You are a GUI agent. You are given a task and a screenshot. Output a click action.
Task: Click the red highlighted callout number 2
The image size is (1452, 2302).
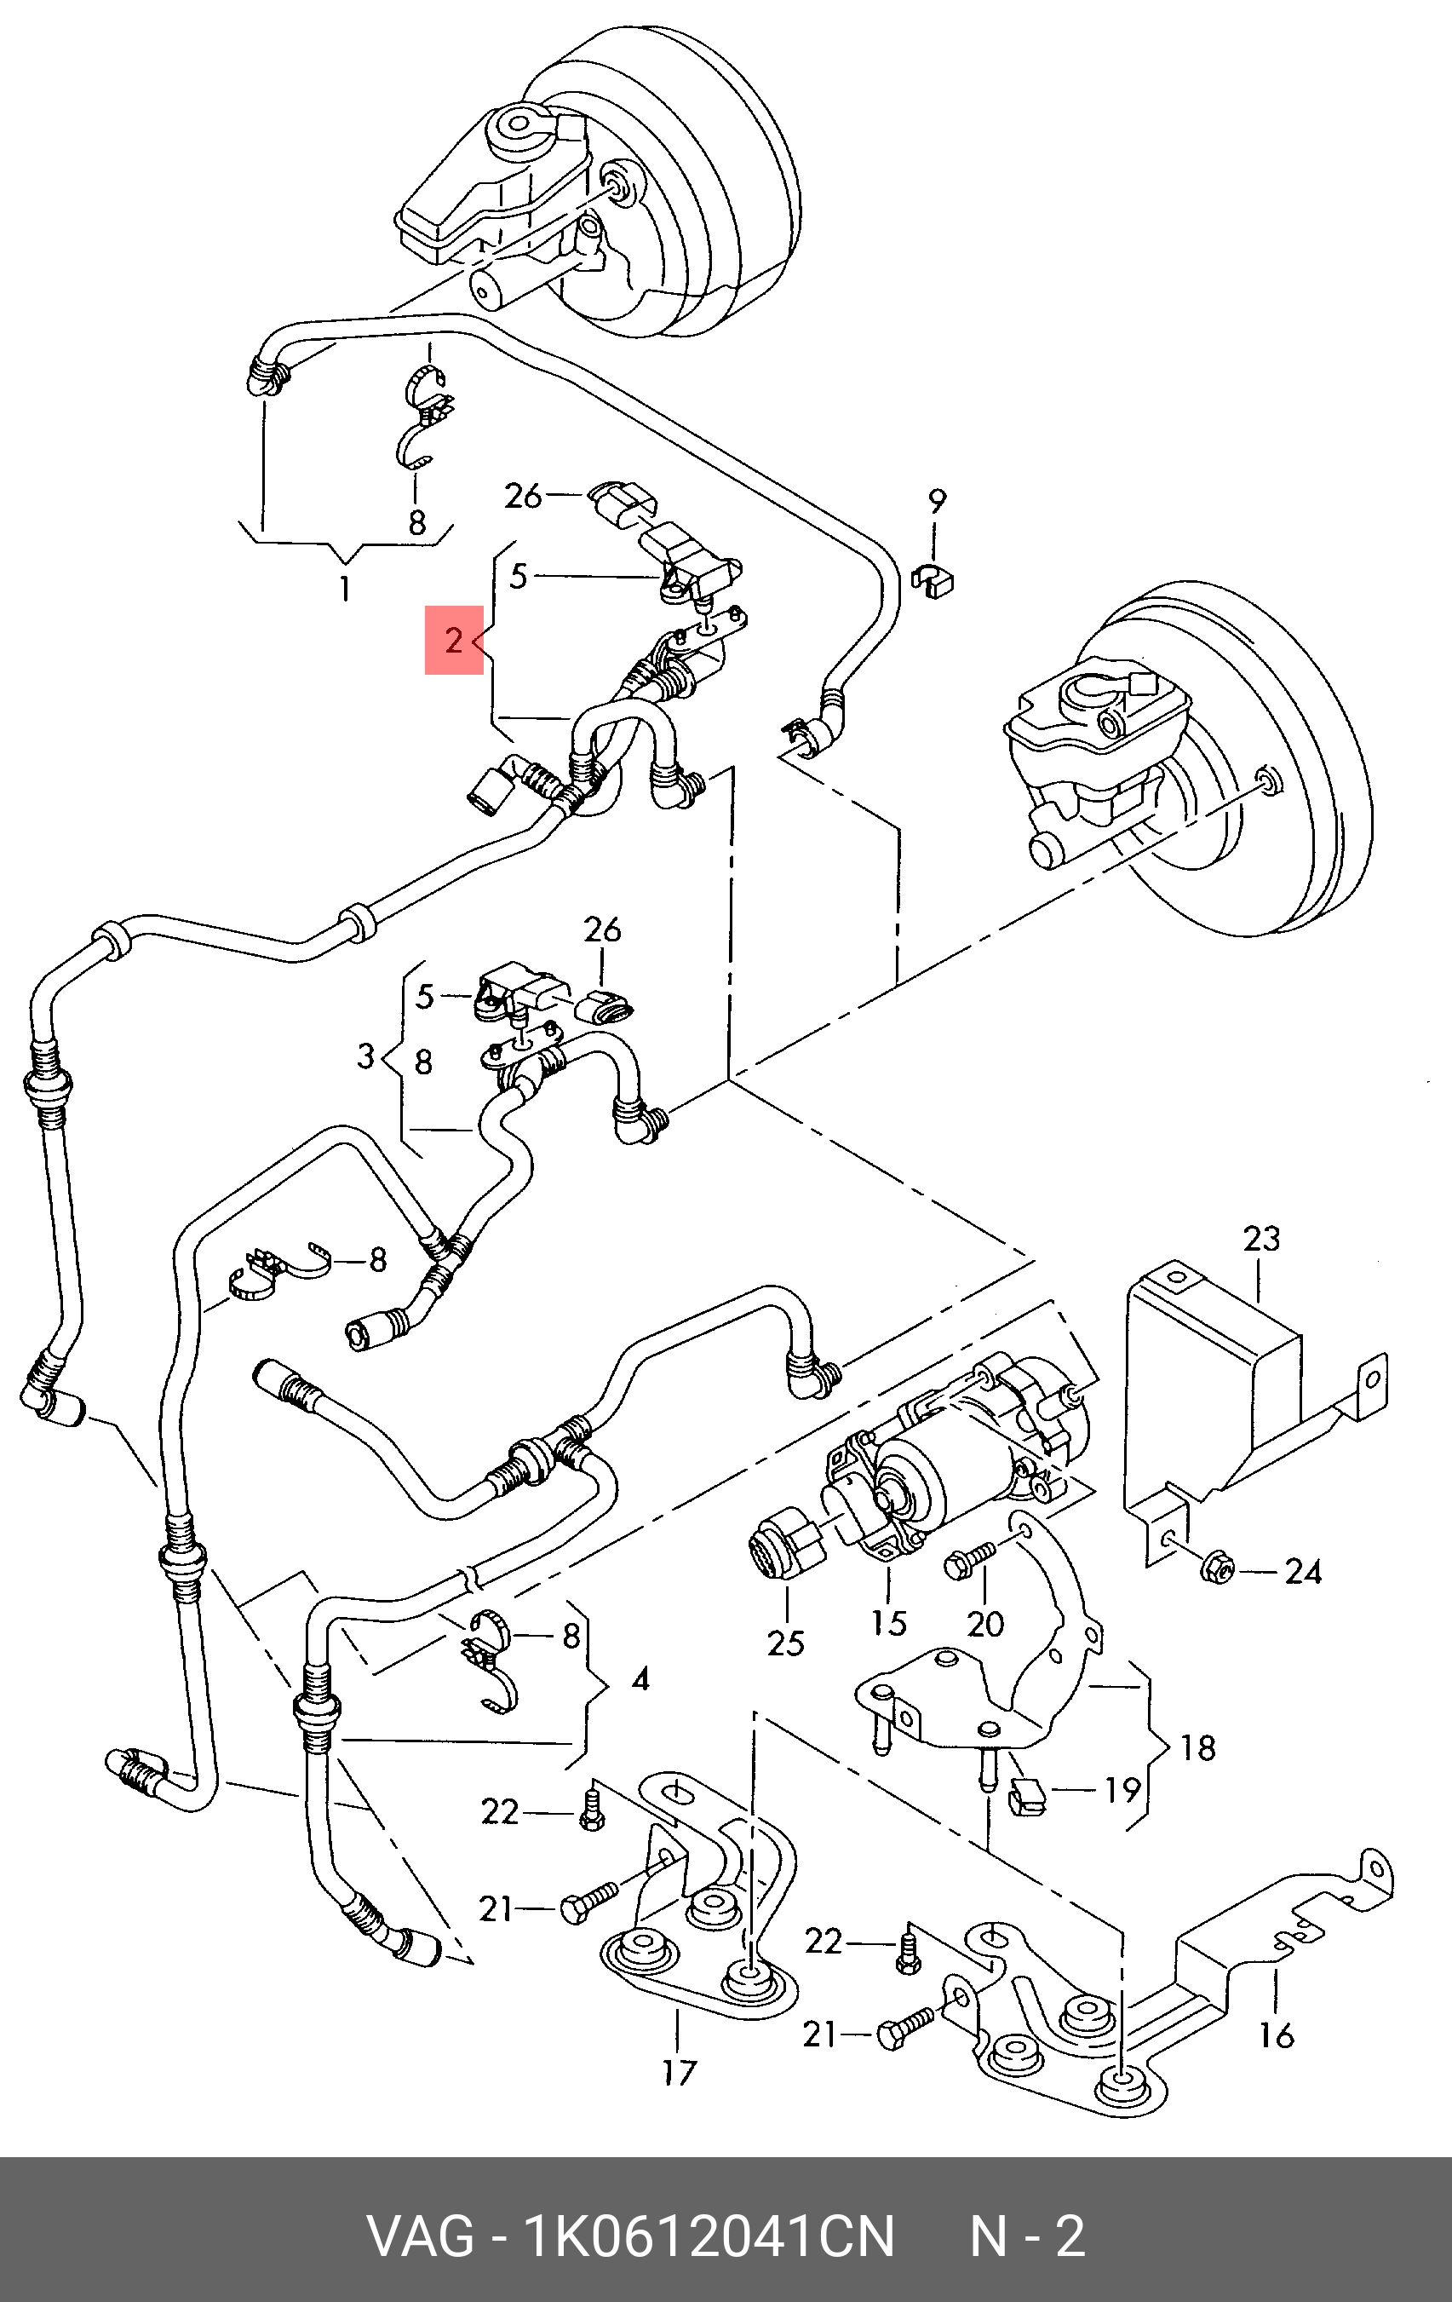[454, 640]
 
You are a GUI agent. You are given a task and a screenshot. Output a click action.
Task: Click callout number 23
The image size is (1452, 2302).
[1261, 1239]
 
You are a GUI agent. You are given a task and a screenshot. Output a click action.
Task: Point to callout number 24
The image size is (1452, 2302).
[1303, 1572]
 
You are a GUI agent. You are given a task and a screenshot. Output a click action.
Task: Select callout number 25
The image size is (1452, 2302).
[786, 1643]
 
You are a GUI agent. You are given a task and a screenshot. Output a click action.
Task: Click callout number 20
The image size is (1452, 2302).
[985, 1623]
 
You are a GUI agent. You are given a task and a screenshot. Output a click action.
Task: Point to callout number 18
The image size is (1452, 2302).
[1197, 1747]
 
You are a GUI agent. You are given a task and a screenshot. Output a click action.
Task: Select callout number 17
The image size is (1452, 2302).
[679, 2074]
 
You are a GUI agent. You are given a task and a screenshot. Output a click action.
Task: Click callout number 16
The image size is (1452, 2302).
[1276, 2035]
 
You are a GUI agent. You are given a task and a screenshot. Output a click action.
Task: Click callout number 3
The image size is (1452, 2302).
[365, 1057]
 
